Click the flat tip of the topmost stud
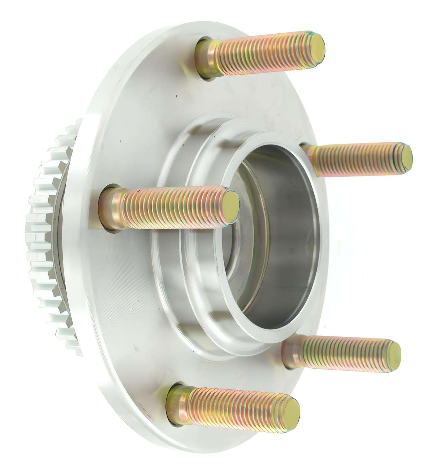tap(316, 47)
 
